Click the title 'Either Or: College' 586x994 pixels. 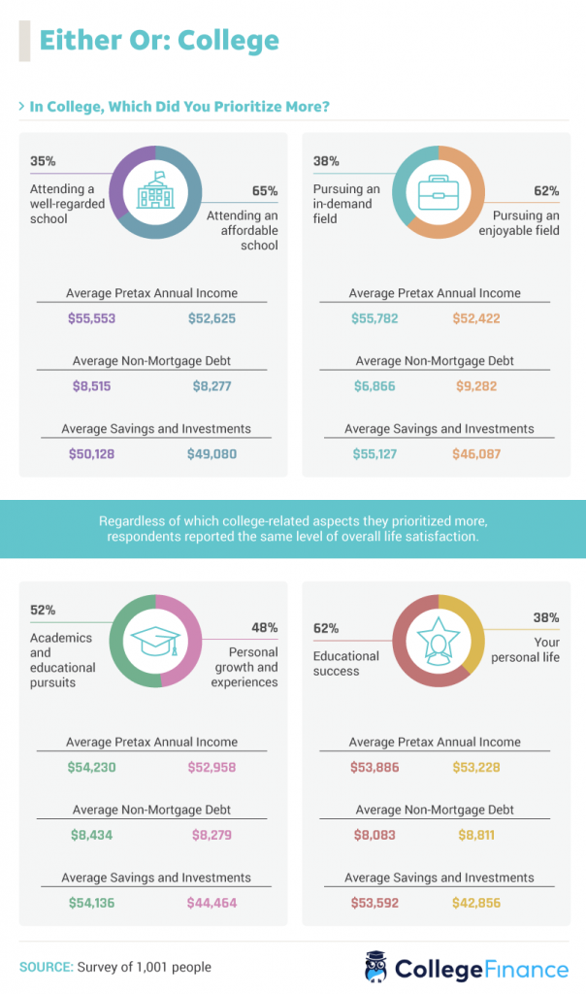coord(159,41)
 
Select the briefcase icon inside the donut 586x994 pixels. coord(438,191)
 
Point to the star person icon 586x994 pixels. coord(438,640)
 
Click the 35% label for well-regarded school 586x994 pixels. coord(43,161)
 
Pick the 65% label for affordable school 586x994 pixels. coord(265,190)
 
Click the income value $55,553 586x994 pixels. coord(92,318)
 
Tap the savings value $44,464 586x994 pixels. coord(212,902)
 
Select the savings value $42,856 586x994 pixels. coord(475,902)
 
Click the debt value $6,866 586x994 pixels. coord(374,385)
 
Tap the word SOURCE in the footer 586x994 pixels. coord(46,967)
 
